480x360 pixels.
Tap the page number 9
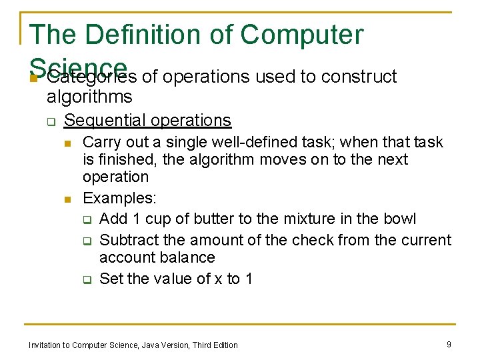tap(448, 345)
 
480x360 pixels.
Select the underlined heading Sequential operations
tap(147, 121)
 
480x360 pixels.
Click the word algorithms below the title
tap(89, 97)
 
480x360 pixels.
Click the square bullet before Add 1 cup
tap(87, 219)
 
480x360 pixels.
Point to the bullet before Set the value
tap(87, 280)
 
